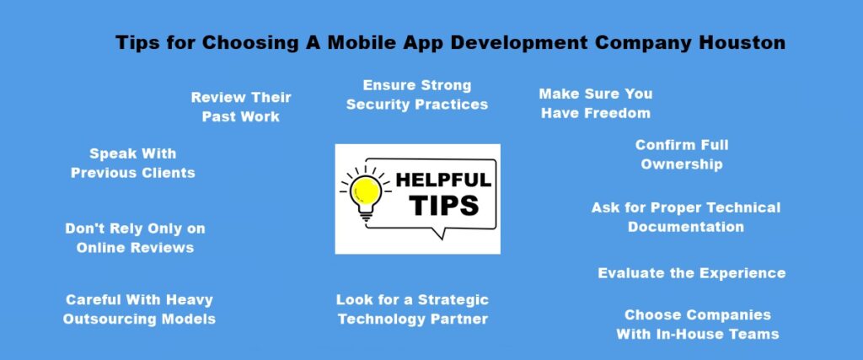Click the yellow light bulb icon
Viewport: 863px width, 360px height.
pos(365,187)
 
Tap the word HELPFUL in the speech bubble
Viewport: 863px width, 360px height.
pos(442,180)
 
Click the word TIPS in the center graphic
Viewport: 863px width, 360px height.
pos(444,206)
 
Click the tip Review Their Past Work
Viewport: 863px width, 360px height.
pos(241,107)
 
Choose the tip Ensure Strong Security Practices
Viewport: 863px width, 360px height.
pos(417,95)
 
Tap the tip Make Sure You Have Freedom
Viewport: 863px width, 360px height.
pos(596,103)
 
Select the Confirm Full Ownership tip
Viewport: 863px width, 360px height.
pos(682,155)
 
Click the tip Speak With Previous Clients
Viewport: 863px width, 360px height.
pos(133,164)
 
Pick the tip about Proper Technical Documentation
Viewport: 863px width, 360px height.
pos(686,217)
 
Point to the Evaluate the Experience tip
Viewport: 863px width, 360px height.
pos(691,273)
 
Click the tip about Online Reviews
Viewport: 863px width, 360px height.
pos(136,238)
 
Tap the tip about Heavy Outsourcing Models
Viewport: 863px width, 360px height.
pos(139,309)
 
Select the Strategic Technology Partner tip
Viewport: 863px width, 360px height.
pos(412,309)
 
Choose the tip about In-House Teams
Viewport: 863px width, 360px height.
pos(697,325)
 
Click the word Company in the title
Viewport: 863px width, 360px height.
pos(648,43)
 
